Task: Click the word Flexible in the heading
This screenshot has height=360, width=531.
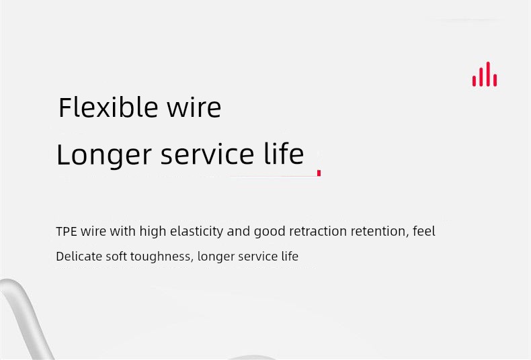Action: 108,107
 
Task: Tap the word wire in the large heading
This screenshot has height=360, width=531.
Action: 194,107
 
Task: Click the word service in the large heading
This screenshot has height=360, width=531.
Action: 207,154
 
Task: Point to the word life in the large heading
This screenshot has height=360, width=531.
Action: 284,154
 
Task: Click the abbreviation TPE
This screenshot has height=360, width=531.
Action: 67,232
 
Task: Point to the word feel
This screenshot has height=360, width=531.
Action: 424,231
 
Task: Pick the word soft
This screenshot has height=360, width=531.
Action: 116,257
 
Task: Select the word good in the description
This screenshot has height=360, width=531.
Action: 270,232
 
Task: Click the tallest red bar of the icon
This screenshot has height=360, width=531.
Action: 488,74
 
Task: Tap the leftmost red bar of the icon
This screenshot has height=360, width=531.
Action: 474,81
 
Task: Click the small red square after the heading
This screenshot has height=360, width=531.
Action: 319,173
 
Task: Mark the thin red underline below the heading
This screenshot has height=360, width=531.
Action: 273,176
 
